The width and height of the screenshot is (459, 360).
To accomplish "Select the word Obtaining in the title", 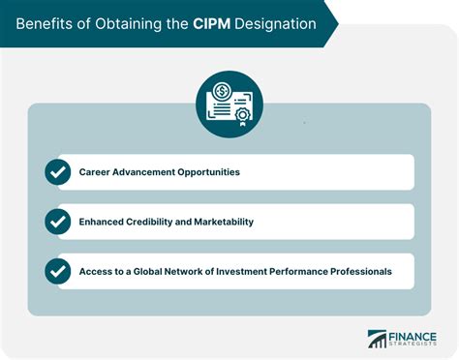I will pyautogui.click(x=134, y=21).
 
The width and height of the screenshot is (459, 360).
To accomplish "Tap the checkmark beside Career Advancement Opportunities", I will pyautogui.click(x=58, y=171).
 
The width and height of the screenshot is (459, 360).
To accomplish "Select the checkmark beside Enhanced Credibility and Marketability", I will pyautogui.click(x=58, y=222).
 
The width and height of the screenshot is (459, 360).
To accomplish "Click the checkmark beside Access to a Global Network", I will pyautogui.click(x=58, y=271).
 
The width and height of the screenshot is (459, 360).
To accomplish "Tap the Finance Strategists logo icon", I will pyautogui.click(x=377, y=340).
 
